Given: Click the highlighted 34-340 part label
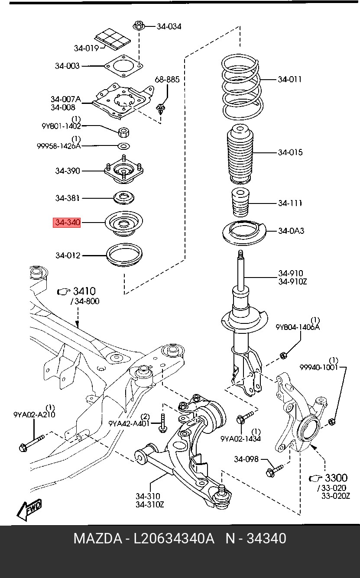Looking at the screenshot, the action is pos(67,223).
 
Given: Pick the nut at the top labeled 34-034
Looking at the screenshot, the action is pos(139,26).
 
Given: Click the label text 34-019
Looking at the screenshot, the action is pos(86,48).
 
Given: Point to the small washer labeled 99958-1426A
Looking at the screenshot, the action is pos(124,146).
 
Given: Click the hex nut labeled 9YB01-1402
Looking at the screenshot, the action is pos(124,132).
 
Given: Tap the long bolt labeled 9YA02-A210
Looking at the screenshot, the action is pos(32,443).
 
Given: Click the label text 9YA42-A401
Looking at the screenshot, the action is pos(129,423).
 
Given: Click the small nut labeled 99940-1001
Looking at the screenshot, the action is pos(332,422).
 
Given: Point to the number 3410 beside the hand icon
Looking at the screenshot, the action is pos(84,291).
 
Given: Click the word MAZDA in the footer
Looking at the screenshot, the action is pos(97,546).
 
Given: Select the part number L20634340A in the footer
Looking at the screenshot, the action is pos(174,546).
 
